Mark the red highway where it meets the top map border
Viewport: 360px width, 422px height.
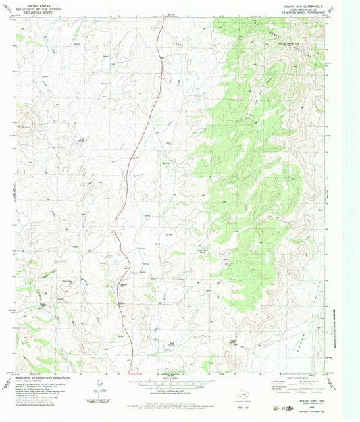165,18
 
